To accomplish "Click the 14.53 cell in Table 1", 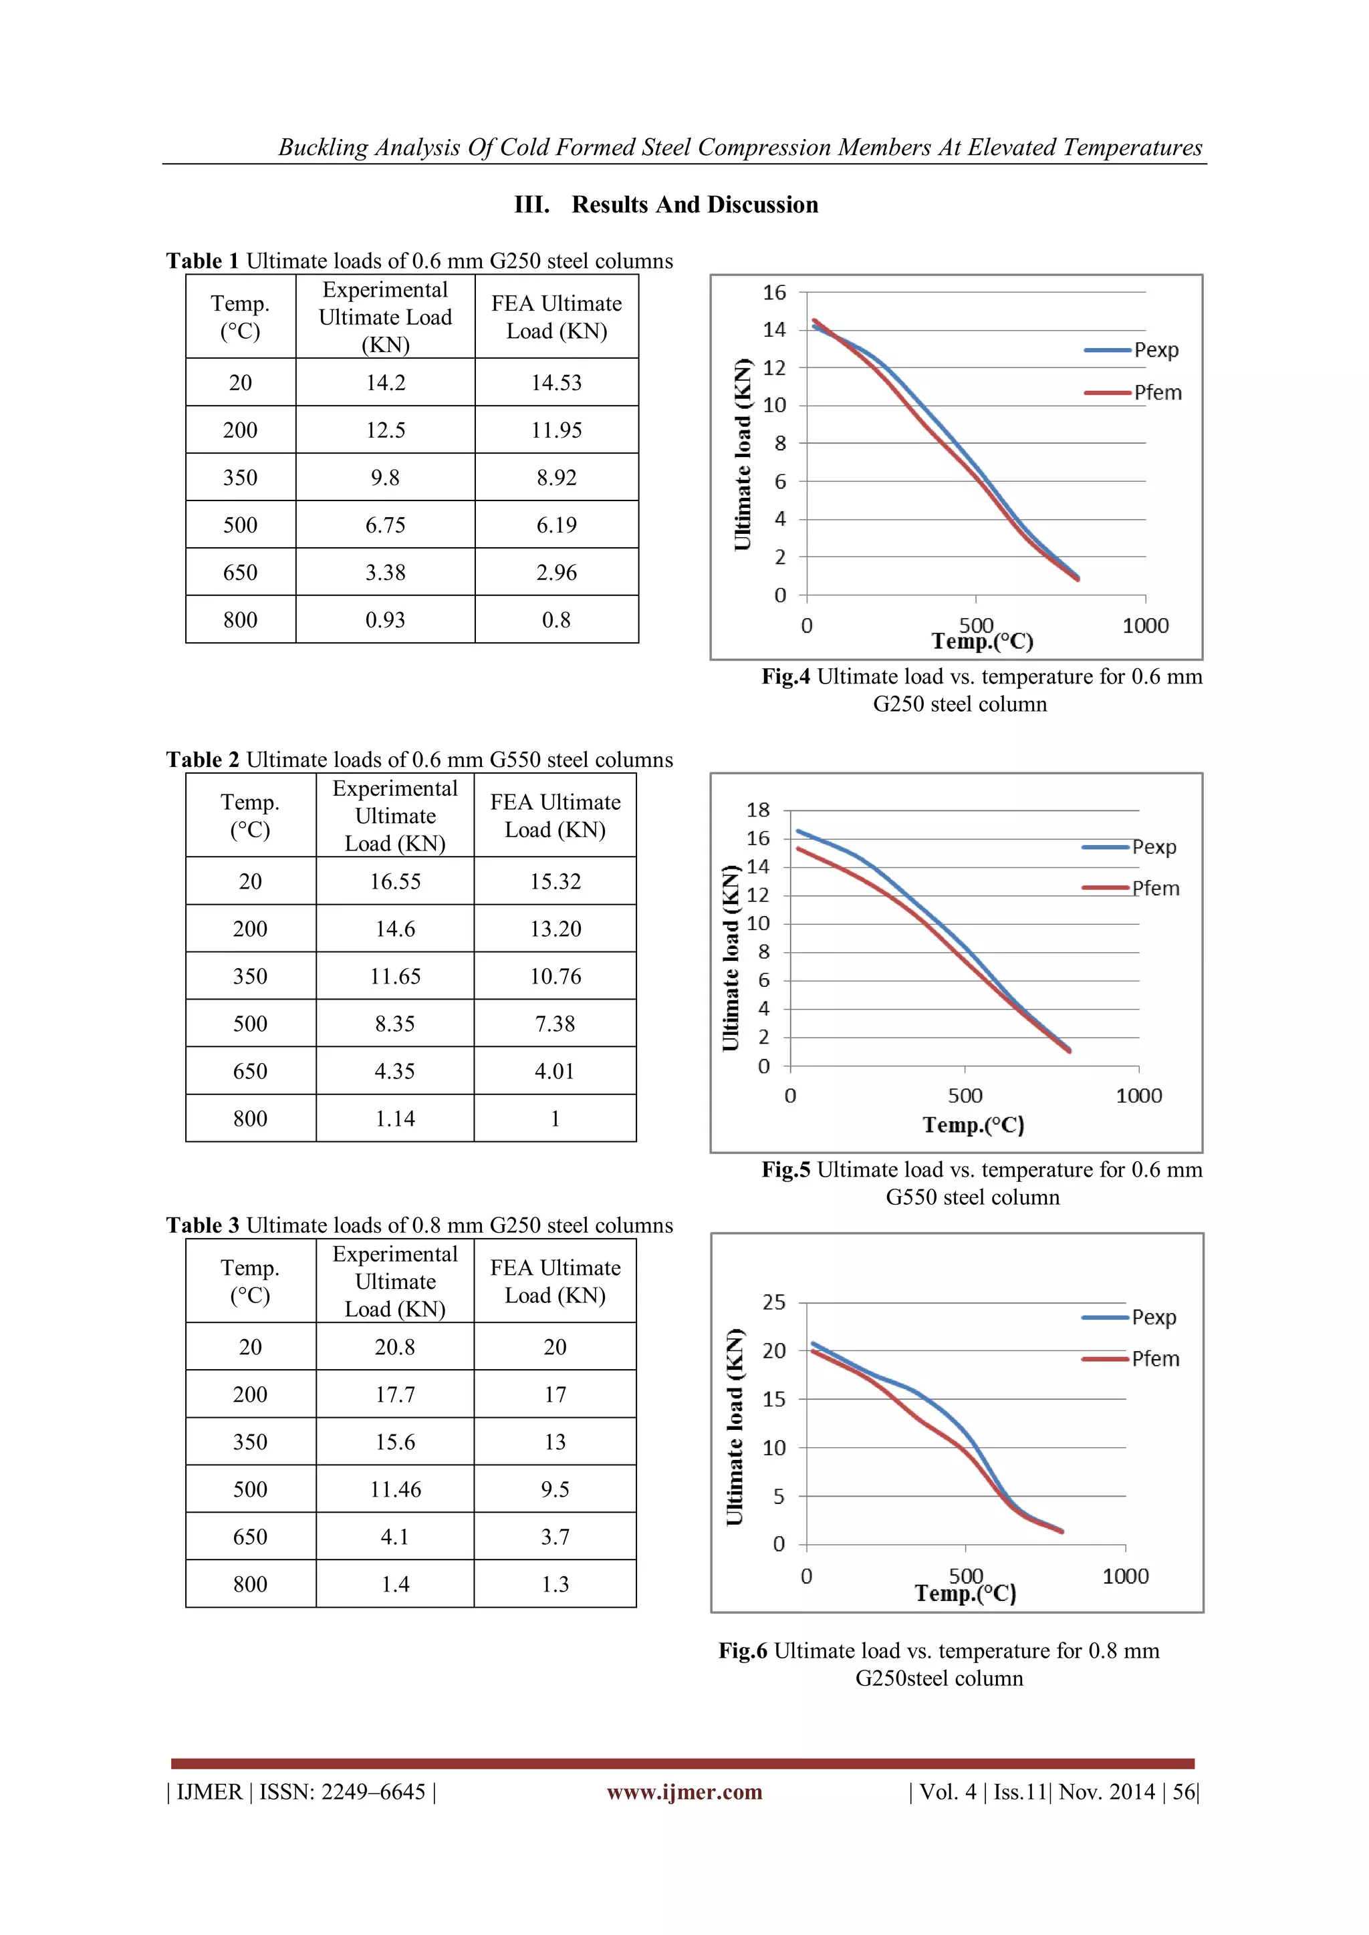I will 556,383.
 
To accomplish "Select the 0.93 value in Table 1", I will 385,620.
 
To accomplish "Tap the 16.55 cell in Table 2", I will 394,881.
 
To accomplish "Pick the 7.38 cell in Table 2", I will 555,1024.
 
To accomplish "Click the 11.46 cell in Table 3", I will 394,1490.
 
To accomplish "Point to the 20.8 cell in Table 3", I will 394,1348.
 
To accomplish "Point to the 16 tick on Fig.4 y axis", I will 774,293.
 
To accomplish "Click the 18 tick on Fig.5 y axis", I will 758,810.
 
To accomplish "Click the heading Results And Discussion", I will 695,205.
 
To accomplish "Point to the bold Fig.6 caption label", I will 742,1651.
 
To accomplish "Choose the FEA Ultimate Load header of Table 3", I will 555,1282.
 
